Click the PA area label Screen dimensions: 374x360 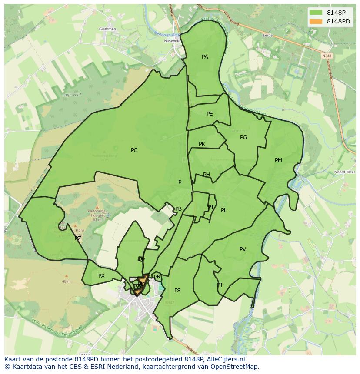coord(205,57)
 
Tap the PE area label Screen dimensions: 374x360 coord(210,114)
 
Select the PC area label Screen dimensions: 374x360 coord(134,150)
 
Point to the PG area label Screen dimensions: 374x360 coord(243,137)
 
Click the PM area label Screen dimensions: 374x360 coord(278,160)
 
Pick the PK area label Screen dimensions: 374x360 coord(202,144)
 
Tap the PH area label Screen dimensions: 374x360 coord(207,175)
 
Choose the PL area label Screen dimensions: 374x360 coord(223,210)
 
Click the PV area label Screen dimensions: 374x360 coord(243,249)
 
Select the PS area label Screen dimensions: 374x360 coord(177,291)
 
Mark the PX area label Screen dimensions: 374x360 coord(101,276)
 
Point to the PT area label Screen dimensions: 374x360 coord(220,285)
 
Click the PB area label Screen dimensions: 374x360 coord(178,209)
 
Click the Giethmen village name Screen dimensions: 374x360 coord(107,29)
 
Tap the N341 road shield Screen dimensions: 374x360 coord(327,56)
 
